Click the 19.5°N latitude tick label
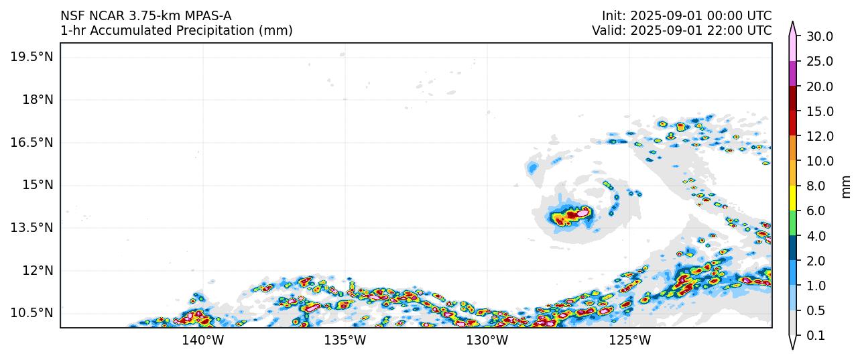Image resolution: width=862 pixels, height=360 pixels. pyautogui.click(x=32, y=56)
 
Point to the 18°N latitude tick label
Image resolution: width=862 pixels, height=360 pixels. pyautogui.click(x=37, y=99)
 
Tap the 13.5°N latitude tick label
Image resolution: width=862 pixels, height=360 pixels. pyautogui.click(x=32, y=227)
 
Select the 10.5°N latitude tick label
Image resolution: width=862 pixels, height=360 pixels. pyautogui.click(x=32, y=313)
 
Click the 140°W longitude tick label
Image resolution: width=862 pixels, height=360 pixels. pyautogui.click(x=203, y=341)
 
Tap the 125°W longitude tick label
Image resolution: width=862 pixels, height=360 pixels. pyautogui.click(x=630, y=341)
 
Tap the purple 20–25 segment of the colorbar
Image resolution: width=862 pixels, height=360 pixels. pyautogui.click(x=793, y=73)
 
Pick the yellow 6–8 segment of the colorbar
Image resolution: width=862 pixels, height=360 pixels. pyautogui.click(x=793, y=198)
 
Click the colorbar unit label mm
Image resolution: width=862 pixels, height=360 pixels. pyautogui.click(x=847, y=186)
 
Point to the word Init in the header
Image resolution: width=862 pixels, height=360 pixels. pyautogui.click(x=613, y=15)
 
